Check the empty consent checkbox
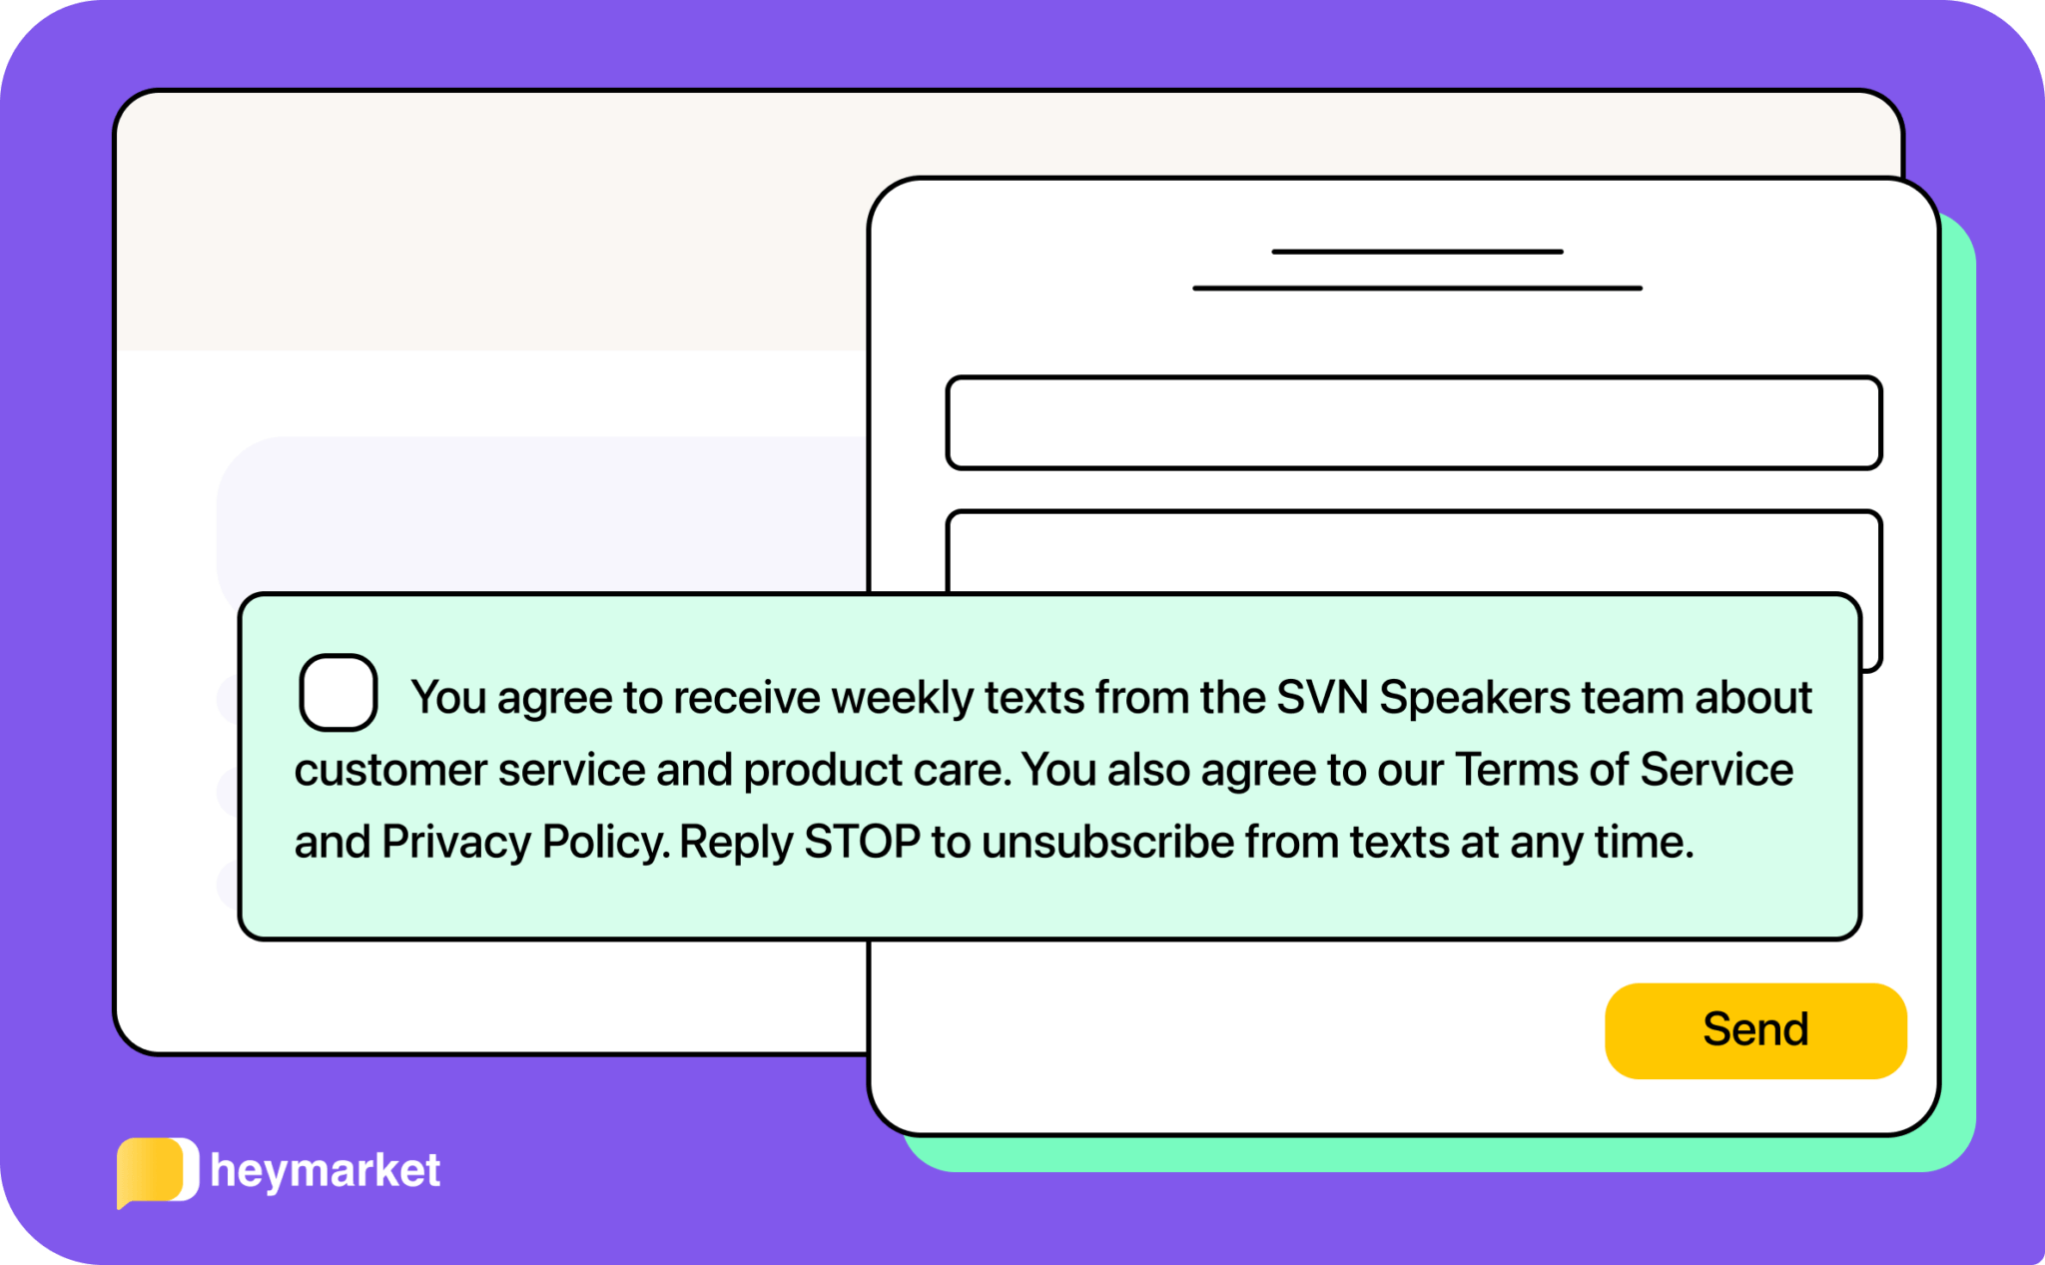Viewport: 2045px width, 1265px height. [x=339, y=693]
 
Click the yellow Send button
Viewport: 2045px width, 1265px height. [x=1754, y=1029]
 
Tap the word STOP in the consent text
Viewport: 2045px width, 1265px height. [x=862, y=842]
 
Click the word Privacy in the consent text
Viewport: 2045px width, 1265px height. [x=456, y=842]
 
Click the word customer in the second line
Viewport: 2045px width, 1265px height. [x=390, y=770]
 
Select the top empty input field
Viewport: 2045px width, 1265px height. [x=1413, y=422]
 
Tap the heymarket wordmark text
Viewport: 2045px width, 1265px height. [x=326, y=1170]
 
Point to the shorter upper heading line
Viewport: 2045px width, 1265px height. [x=1417, y=252]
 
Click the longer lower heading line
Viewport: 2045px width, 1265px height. [x=1417, y=289]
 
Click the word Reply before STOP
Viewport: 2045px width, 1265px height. [x=737, y=842]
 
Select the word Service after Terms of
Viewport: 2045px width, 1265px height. [x=1716, y=770]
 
